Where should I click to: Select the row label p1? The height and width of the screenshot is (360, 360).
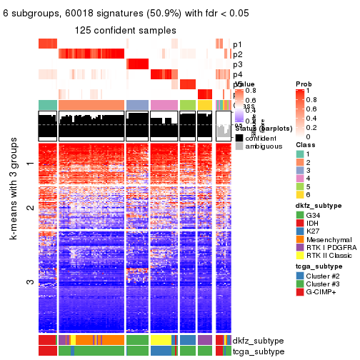(237, 44)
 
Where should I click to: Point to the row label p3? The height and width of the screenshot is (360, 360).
(237, 64)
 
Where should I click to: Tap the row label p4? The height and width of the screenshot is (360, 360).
(237, 74)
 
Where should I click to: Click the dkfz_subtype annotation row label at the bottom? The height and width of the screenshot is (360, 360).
(258, 341)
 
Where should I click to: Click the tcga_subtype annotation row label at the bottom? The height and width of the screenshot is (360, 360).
(258, 351)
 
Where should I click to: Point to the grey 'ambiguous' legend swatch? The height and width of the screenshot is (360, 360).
(239, 147)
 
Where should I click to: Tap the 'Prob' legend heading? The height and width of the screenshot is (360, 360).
(304, 84)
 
